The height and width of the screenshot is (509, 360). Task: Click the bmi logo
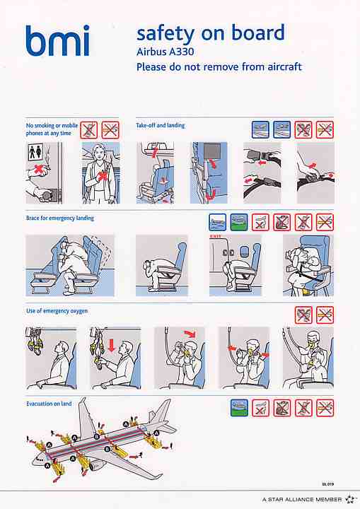pyautogui.click(x=57, y=40)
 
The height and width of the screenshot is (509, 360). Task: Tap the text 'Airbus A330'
pyautogui.click(x=165, y=52)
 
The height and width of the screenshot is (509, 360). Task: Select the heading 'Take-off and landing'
pyautogui.click(x=160, y=125)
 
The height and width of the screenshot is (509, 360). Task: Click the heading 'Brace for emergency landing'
pyautogui.click(x=60, y=218)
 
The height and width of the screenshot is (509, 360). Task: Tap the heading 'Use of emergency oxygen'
pyautogui.click(x=57, y=311)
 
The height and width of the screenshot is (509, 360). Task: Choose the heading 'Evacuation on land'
pyautogui.click(x=49, y=404)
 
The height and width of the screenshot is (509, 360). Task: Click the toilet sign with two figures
pyautogui.click(x=35, y=152)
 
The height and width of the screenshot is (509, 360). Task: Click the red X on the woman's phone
pyautogui.click(x=103, y=175)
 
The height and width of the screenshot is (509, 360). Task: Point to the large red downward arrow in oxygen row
pyautogui.click(x=112, y=346)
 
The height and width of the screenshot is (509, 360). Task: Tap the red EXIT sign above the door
pyautogui.click(x=216, y=236)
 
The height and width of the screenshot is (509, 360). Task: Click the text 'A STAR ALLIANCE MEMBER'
pyautogui.click(x=302, y=500)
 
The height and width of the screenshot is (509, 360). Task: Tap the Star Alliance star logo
pyautogui.click(x=349, y=499)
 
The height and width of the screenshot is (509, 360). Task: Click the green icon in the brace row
pyautogui.click(x=239, y=222)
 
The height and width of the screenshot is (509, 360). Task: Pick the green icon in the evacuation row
pyautogui.click(x=239, y=408)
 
